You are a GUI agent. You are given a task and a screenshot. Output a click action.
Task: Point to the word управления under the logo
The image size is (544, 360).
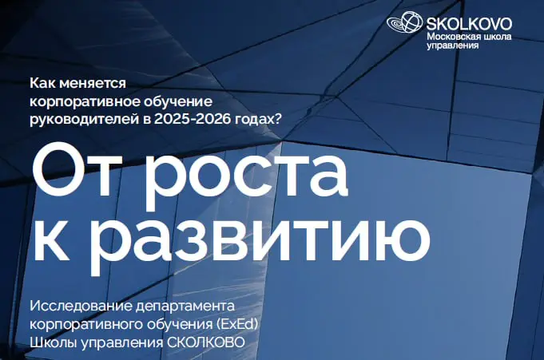[x=453, y=46]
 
